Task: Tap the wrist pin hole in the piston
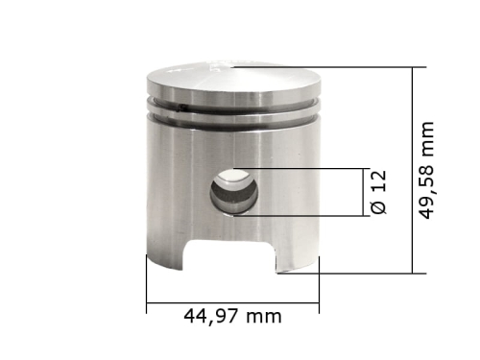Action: tap(234, 191)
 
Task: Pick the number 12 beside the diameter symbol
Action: tap(378, 180)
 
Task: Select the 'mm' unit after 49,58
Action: tap(428, 140)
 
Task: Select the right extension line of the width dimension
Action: tap(319, 288)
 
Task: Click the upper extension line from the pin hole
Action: tap(307, 169)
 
